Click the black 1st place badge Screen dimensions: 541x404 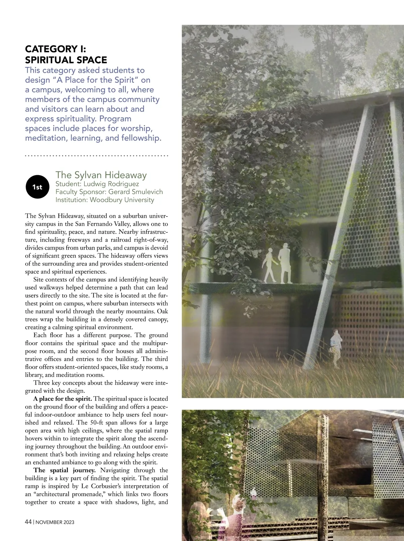click(37, 187)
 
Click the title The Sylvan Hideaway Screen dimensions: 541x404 click(101, 175)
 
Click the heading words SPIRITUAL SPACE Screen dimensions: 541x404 click(66, 60)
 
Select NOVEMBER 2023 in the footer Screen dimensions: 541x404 click(55, 522)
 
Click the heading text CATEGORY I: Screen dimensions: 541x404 click(56, 49)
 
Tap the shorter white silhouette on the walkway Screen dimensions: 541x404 click(269, 266)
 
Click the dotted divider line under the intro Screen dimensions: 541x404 click(97, 156)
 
